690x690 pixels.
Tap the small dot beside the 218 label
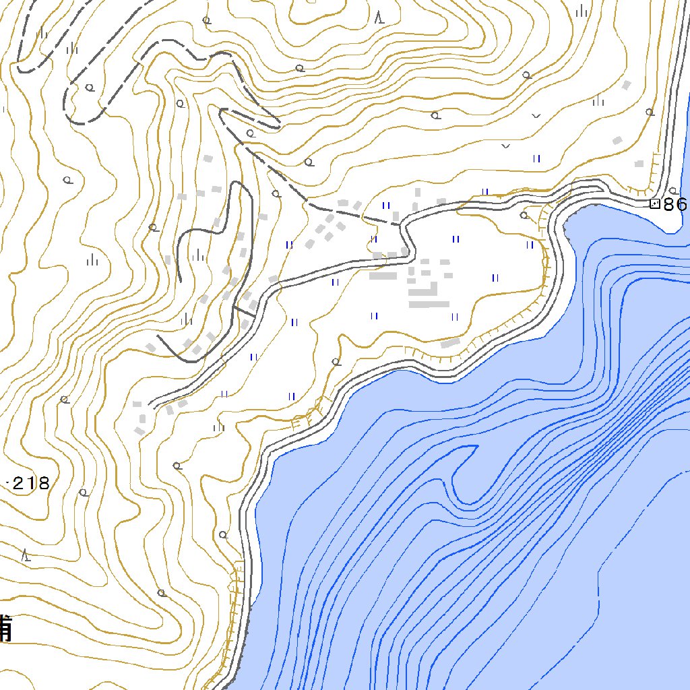coord(7,482)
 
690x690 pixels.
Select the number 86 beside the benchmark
coord(675,205)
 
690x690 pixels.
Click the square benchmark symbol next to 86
coord(654,203)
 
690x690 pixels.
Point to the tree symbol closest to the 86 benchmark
coord(673,191)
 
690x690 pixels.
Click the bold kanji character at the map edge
coord(5,628)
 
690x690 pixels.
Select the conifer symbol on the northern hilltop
coord(381,17)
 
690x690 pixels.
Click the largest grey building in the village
coord(429,304)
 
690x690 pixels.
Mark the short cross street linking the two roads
coord(244,311)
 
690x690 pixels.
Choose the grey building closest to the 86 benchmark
coord(639,163)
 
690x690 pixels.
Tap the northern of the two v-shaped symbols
coord(536,116)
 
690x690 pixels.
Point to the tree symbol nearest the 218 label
coord(84,493)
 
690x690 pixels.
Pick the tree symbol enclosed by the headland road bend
coord(524,216)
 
